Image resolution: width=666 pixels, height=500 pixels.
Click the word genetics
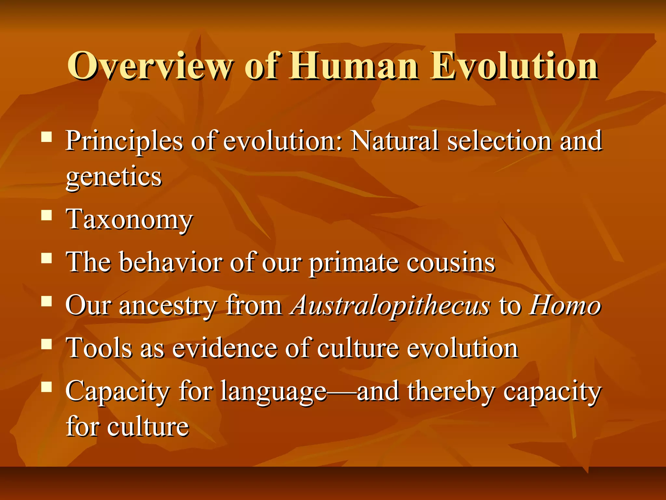(x=113, y=177)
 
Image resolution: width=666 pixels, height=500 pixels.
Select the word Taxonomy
(x=129, y=220)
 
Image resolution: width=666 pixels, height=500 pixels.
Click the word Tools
(x=99, y=348)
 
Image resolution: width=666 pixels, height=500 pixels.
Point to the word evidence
(x=224, y=348)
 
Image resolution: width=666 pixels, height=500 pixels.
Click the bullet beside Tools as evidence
(x=47, y=344)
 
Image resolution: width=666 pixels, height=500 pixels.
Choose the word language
(x=273, y=392)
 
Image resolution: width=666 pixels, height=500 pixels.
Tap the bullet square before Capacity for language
(x=47, y=387)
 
